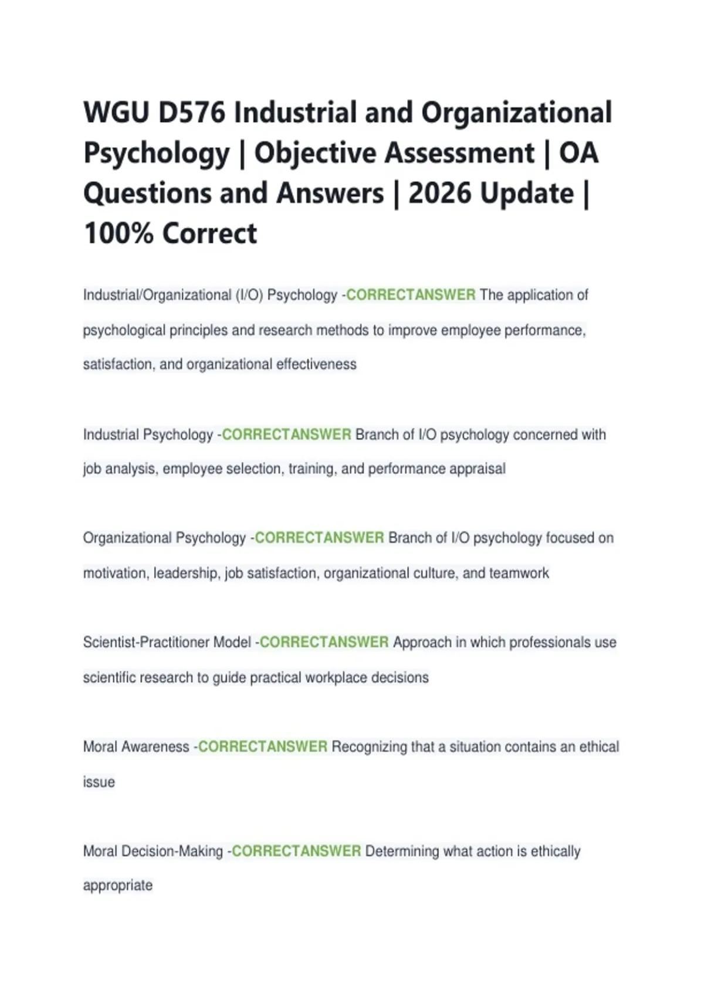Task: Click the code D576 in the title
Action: click(192, 113)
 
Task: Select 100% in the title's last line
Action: click(119, 233)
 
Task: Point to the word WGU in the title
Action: click(116, 113)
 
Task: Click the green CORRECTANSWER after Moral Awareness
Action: click(263, 747)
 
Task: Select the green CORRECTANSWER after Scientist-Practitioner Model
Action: click(324, 642)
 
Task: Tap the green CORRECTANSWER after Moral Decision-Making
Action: click(296, 851)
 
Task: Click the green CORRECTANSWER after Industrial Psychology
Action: click(286, 435)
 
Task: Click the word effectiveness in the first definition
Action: click(316, 364)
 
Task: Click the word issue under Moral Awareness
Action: click(99, 782)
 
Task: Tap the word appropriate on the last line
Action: click(118, 885)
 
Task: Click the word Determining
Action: click(402, 851)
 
